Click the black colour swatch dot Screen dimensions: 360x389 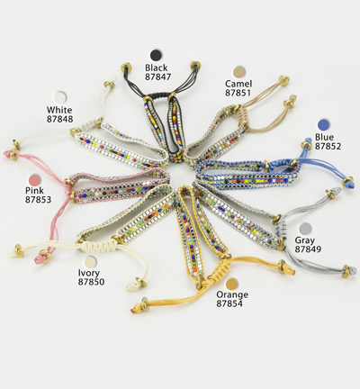157,55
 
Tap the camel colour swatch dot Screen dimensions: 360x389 239,71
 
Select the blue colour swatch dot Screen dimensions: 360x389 324,125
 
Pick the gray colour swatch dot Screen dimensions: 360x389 306,229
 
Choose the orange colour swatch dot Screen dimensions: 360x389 232,284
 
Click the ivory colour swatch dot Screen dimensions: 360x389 90,262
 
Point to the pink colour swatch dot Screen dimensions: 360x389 35,179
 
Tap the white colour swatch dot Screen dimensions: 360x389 60,97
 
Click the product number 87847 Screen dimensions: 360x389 158,77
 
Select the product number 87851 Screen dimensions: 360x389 238,93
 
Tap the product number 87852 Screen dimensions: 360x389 328,146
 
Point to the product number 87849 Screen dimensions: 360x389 308,249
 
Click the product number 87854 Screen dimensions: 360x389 229,303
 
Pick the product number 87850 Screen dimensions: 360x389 91,282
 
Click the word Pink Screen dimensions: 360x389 34,190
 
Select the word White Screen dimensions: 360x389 59,110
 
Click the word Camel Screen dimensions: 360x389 238,84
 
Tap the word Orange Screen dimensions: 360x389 232,294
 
